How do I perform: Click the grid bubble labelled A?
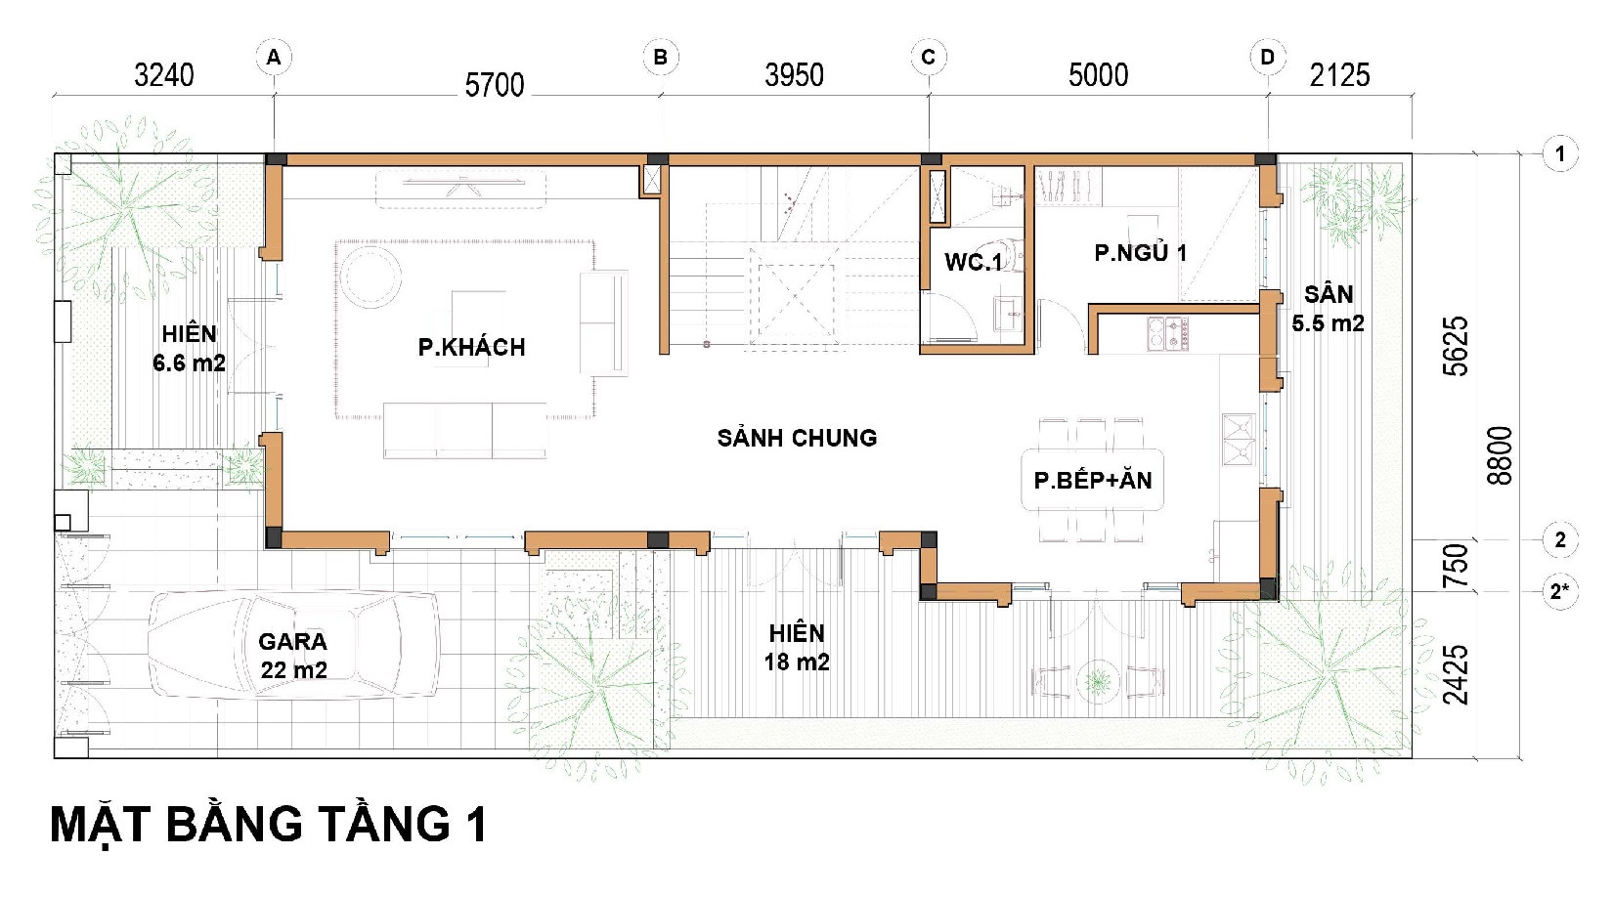click(274, 57)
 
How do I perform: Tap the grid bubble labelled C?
click(928, 57)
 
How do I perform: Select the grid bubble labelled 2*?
click(1559, 592)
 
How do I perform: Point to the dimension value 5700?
click(494, 85)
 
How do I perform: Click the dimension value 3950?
click(794, 75)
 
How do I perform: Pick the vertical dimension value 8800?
click(1500, 455)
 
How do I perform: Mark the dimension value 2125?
click(1339, 75)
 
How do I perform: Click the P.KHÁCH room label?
click(471, 347)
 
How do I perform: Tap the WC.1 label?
click(973, 262)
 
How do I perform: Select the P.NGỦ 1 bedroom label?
click(1141, 253)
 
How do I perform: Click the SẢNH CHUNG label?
click(797, 438)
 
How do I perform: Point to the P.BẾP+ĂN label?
click(1092, 480)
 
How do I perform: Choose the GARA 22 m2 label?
click(293, 656)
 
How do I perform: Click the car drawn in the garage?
click(294, 645)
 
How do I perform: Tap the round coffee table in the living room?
click(371, 277)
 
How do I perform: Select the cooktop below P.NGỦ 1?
click(1168, 334)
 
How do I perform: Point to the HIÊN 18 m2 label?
click(797, 647)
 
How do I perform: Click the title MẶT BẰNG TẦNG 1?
click(269, 826)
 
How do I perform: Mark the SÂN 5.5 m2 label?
click(1328, 308)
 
